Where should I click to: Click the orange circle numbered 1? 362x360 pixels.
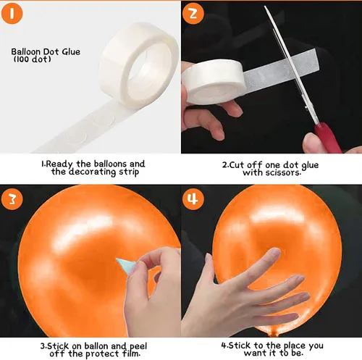pyautogui.click(x=12, y=13)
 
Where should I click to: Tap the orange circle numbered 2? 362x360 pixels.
pyautogui.click(x=193, y=13)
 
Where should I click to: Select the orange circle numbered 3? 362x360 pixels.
pyautogui.click(x=12, y=199)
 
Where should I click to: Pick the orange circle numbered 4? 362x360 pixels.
pyautogui.click(x=193, y=199)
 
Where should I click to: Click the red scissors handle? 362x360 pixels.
pyautogui.click(x=328, y=138)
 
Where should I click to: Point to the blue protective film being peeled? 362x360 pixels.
pyautogui.click(x=125, y=265)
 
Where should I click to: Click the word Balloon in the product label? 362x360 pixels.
pyautogui.click(x=25, y=51)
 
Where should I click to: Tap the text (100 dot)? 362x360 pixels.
pyautogui.click(x=32, y=59)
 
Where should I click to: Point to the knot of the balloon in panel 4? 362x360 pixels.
pyautogui.click(x=274, y=333)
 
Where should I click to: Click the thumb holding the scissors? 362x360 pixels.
pyautogui.click(x=314, y=143)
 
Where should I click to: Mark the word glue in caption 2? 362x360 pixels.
pyautogui.click(x=310, y=166)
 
